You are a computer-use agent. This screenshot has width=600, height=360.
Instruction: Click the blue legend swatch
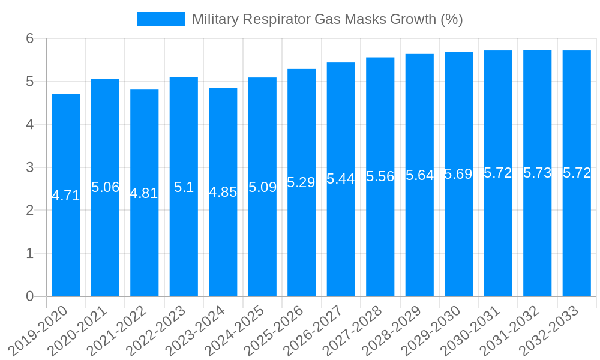click(x=160, y=19)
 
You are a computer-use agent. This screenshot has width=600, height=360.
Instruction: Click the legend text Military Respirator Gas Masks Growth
click(x=327, y=19)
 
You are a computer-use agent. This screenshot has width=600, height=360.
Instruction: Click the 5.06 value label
click(x=106, y=187)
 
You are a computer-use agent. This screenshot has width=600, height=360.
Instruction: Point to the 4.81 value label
click(x=144, y=193)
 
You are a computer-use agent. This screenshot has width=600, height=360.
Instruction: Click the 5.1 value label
click(x=184, y=187)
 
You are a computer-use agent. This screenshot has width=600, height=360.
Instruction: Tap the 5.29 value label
click(x=301, y=182)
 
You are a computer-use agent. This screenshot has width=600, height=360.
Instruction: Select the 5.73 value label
click(x=538, y=173)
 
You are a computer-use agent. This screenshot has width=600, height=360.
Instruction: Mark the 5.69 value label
click(x=458, y=174)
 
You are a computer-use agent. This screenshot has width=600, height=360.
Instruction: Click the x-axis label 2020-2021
click(x=78, y=331)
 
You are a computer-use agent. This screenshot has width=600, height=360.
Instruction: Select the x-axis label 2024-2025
click(x=235, y=331)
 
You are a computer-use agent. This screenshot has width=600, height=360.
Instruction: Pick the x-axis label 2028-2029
click(x=392, y=331)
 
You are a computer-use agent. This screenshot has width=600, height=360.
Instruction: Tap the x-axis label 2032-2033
click(x=550, y=331)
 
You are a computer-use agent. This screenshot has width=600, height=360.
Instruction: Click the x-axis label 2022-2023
click(x=157, y=331)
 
